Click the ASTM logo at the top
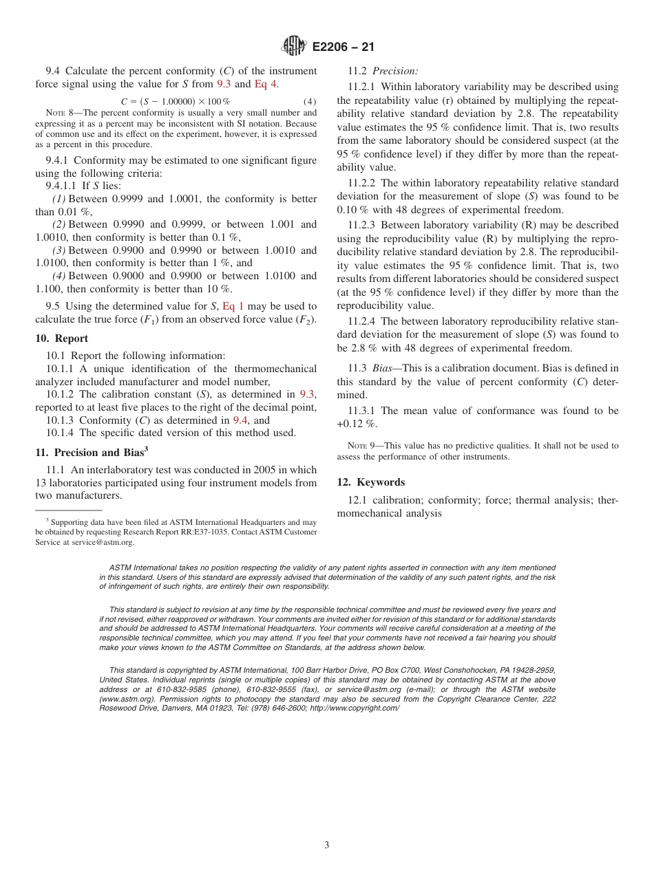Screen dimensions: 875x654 294,47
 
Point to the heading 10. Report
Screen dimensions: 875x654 62,338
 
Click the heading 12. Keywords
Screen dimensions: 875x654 370,482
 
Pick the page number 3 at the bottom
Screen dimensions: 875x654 327,845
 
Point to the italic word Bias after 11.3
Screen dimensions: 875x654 384,368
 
